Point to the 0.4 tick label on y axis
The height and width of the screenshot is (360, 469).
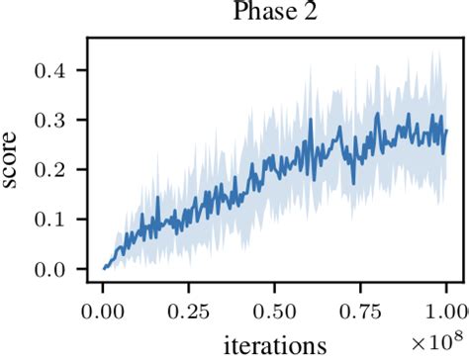(53, 70)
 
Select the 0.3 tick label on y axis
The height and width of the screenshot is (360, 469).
(53, 120)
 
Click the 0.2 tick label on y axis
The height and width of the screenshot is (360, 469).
(53, 169)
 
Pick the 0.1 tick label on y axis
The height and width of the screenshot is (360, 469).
(53, 219)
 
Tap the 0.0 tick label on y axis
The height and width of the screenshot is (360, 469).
(53, 268)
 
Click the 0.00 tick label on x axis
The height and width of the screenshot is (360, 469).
(104, 309)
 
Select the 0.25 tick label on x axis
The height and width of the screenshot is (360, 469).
(189, 309)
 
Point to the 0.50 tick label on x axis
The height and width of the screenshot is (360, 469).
(275, 309)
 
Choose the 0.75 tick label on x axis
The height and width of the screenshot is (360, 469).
(360, 309)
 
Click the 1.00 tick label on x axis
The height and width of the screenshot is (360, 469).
(445, 309)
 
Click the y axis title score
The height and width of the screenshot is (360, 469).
(15, 161)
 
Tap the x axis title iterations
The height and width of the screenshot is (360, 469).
(275, 346)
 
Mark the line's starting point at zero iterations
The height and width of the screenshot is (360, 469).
(104, 267)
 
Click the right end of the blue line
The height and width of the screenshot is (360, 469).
(446, 131)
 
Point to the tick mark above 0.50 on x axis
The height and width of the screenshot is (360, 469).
(275, 286)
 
